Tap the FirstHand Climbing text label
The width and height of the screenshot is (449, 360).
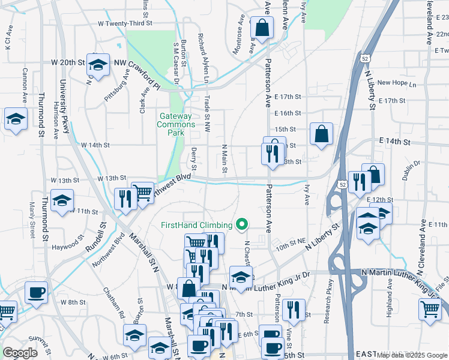click(196, 225)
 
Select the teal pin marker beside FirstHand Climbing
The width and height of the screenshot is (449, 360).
click(242, 225)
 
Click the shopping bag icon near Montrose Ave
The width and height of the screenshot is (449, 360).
click(262, 27)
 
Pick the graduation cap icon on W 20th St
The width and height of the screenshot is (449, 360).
click(98, 64)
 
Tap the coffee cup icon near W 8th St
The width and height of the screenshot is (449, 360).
click(36, 293)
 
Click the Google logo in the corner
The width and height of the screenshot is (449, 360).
click(20, 353)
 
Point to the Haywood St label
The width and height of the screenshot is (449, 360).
click(67, 246)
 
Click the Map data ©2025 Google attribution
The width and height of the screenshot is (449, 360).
click(412, 355)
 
